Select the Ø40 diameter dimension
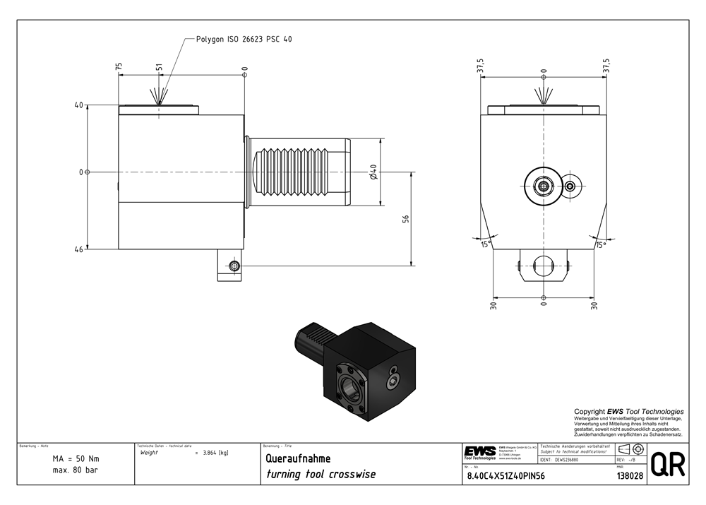coord(373,172)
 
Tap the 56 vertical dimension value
coord(406,219)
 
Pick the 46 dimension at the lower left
coord(78,249)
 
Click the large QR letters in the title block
coord(667,465)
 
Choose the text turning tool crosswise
coord(320,474)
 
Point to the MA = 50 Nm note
coord(76,458)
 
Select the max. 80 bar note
coord(76,470)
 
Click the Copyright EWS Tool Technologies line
coord(628,411)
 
